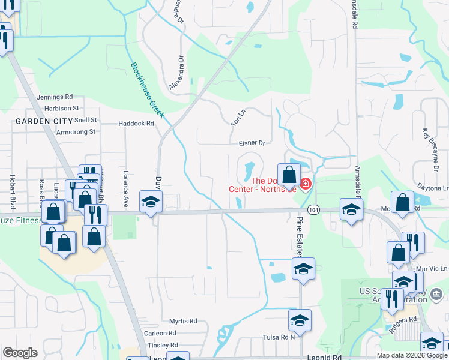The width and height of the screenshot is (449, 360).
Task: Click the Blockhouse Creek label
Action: pyautogui.click(x=148, y=89)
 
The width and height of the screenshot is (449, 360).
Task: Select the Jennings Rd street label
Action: pyautogui.click(x=55, y=97)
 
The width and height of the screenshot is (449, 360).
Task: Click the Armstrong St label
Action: pyautogui.click(x=76, y=131)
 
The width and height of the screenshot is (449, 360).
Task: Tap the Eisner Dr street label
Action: pyautogui.click(x=252, y=143)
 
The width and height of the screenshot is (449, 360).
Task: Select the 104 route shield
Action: pyautogui.click(x=313, y=210)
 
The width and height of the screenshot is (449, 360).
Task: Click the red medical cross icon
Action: pyautogui.click(x=306, y=183)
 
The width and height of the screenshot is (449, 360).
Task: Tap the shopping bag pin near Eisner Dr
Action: pyautogui.click(x=289, y=175)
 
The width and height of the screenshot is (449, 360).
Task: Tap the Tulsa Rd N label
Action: pyautogui.click(x=280, y=337)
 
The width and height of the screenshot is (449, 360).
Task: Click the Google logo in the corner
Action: pyautogui.click(x=20, y=353)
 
